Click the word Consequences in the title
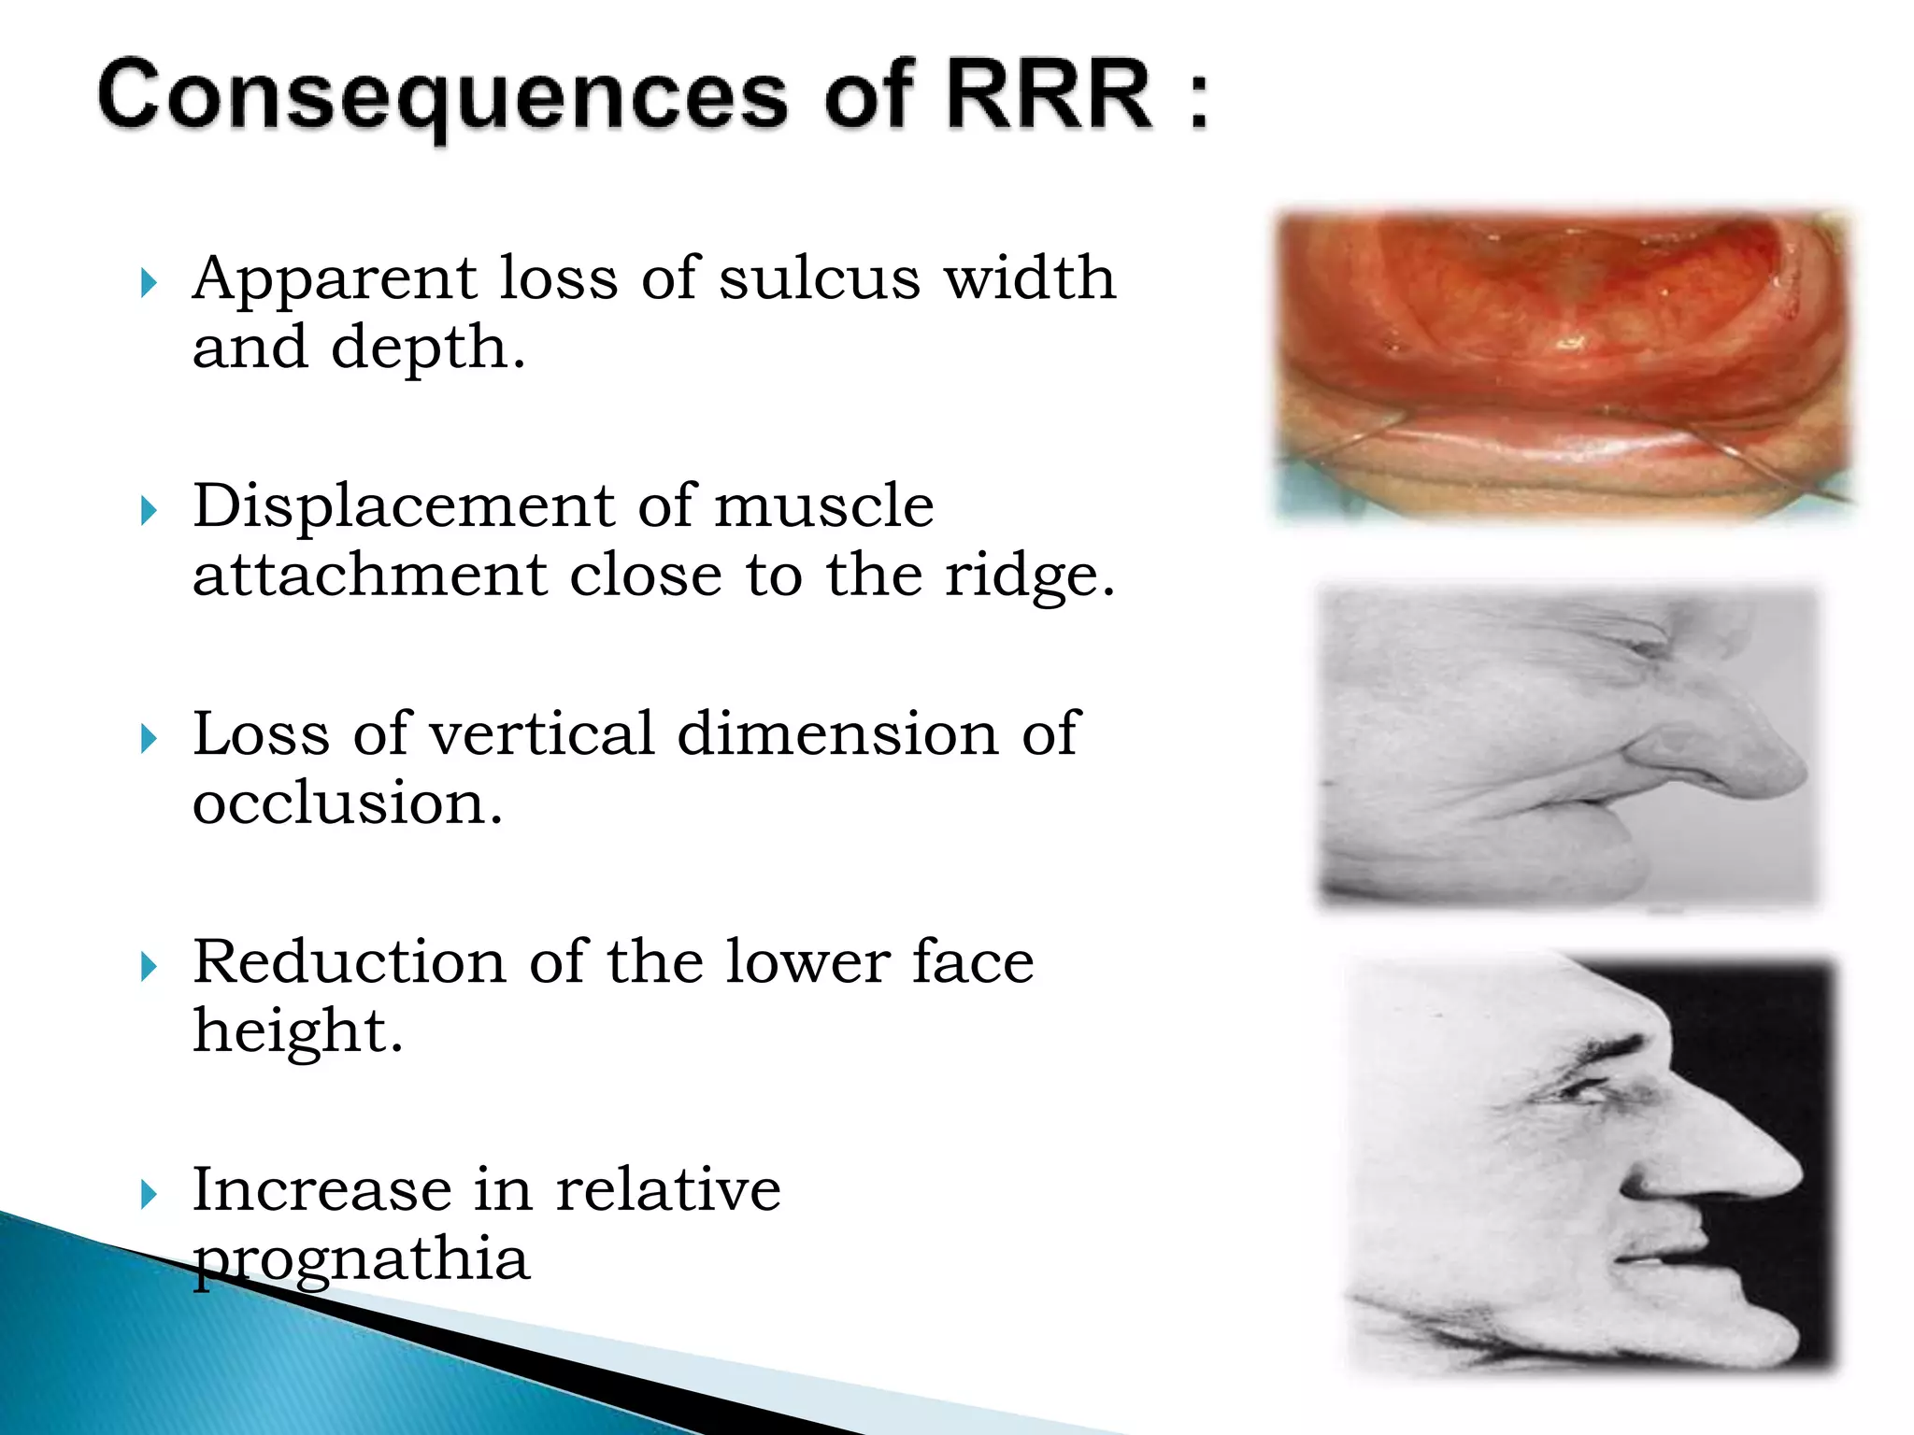(x=443, y=96)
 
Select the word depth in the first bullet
(x=427, y=348)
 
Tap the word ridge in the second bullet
(x=1029, y=575)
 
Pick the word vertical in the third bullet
(x=542, y=733)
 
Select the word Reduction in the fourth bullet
(x=349, y=961)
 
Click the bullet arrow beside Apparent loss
(x=149, y=281)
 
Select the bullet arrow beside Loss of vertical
(x=149, y=738)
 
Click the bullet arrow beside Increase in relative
(x=149, y=1194)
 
